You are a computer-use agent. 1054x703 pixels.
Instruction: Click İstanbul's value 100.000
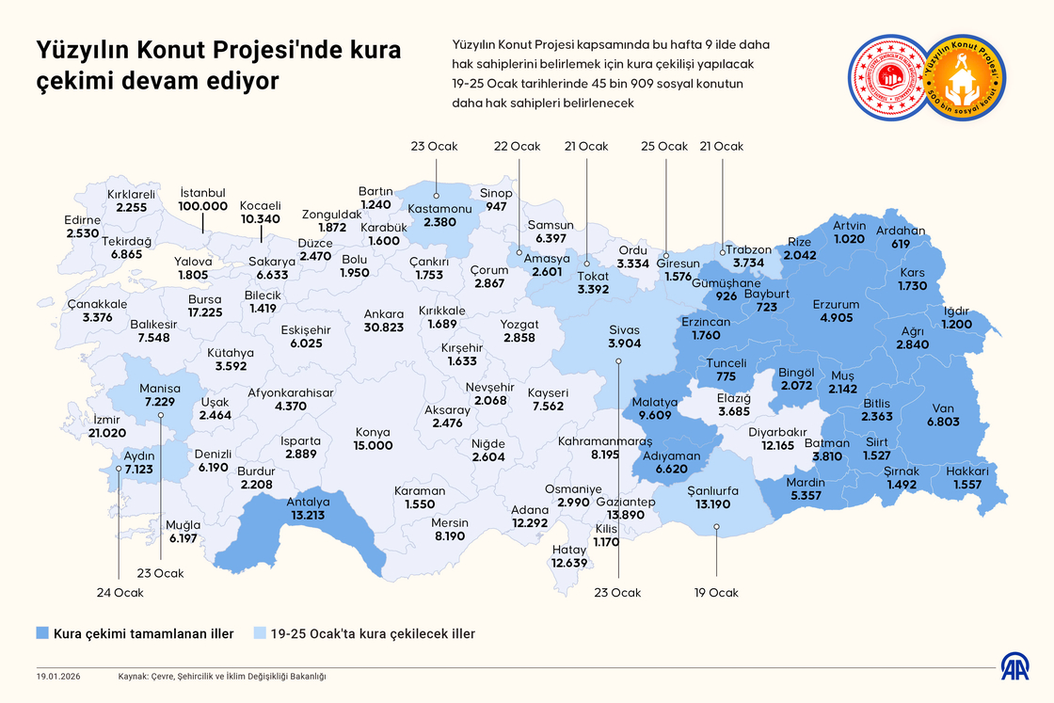click(203, 206)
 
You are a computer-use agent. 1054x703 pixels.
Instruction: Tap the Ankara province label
click(384, 313)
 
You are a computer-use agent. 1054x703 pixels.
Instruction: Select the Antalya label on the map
click(308, 502)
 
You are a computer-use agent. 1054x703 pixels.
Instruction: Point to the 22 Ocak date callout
click(518, 146)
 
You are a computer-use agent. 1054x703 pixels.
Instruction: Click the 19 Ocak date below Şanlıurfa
click(716, 593)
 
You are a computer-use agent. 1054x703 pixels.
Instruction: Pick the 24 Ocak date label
click(119, 593)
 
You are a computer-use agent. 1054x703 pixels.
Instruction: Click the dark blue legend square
click(42, 633)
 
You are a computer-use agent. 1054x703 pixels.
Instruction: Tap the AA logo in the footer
click(1014, 670)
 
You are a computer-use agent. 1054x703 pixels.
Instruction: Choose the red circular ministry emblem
click(888, 79)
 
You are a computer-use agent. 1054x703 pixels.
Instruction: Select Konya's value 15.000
click(373, 445)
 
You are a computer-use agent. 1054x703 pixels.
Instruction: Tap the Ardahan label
click(901, 231)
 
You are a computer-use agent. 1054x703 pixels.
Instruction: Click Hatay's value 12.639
click(569, 563)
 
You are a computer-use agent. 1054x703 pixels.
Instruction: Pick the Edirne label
click(83, 220)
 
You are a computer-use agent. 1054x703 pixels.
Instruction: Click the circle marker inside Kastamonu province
click(436, 196)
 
